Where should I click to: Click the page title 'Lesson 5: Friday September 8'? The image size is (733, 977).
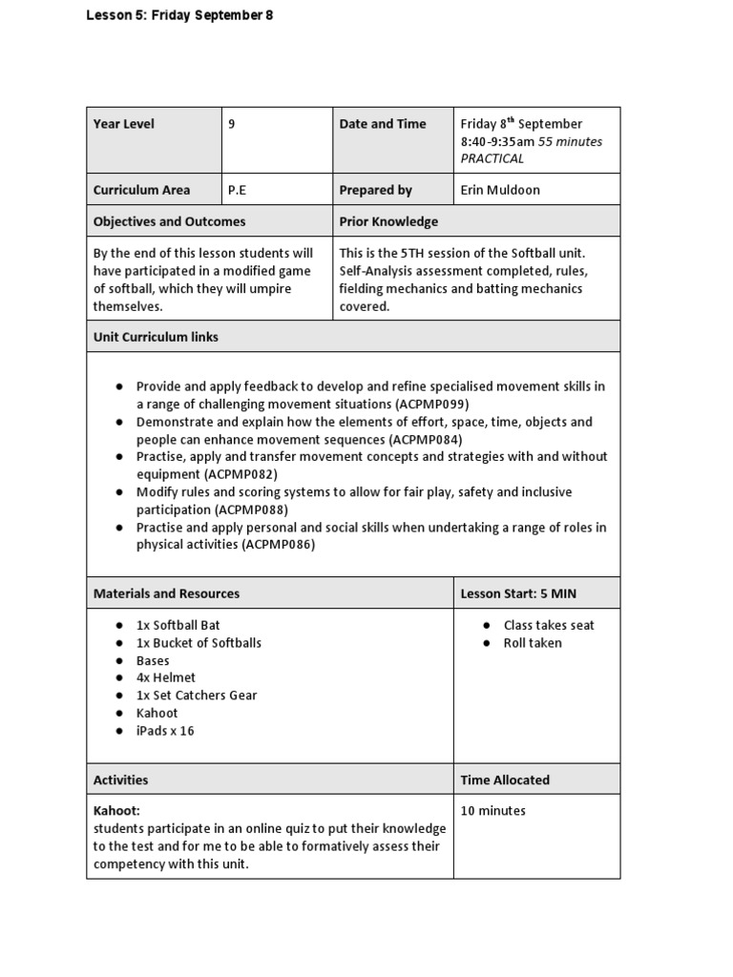pyautogui.click(x=180, y=15)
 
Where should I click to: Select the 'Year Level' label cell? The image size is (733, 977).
pyautogui.click(x=123, y=124)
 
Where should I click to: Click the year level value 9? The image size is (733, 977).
pyautogui.click(x=232, y=124)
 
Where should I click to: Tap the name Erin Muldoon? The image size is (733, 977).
pyautogui.click(x=500, y=190)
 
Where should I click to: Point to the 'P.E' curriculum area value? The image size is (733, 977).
pyautogui.click(x=237, y=190)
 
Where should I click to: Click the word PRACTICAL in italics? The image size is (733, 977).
pyautogui.click(x=492, y=158)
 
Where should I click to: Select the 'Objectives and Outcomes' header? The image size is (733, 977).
pyautogui.click(x=169, y=221)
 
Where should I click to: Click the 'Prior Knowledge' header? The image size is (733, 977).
pyautogui.click(x=388, y=221)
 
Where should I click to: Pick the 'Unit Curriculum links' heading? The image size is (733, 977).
pyautogui.click(x=156, y=337)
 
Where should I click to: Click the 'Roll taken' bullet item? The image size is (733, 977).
pyautogui.click(x=533, y=643)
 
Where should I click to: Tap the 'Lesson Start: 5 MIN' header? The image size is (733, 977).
pyautogui.click(x=518, y=593)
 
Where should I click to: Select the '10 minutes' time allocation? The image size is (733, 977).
pyautogui.click(x=492, y=811)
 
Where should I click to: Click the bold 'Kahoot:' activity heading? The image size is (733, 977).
pyautogui.click(x=116, y=811)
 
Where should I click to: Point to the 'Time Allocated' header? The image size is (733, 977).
pyautogui.click(x=505, y=780)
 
